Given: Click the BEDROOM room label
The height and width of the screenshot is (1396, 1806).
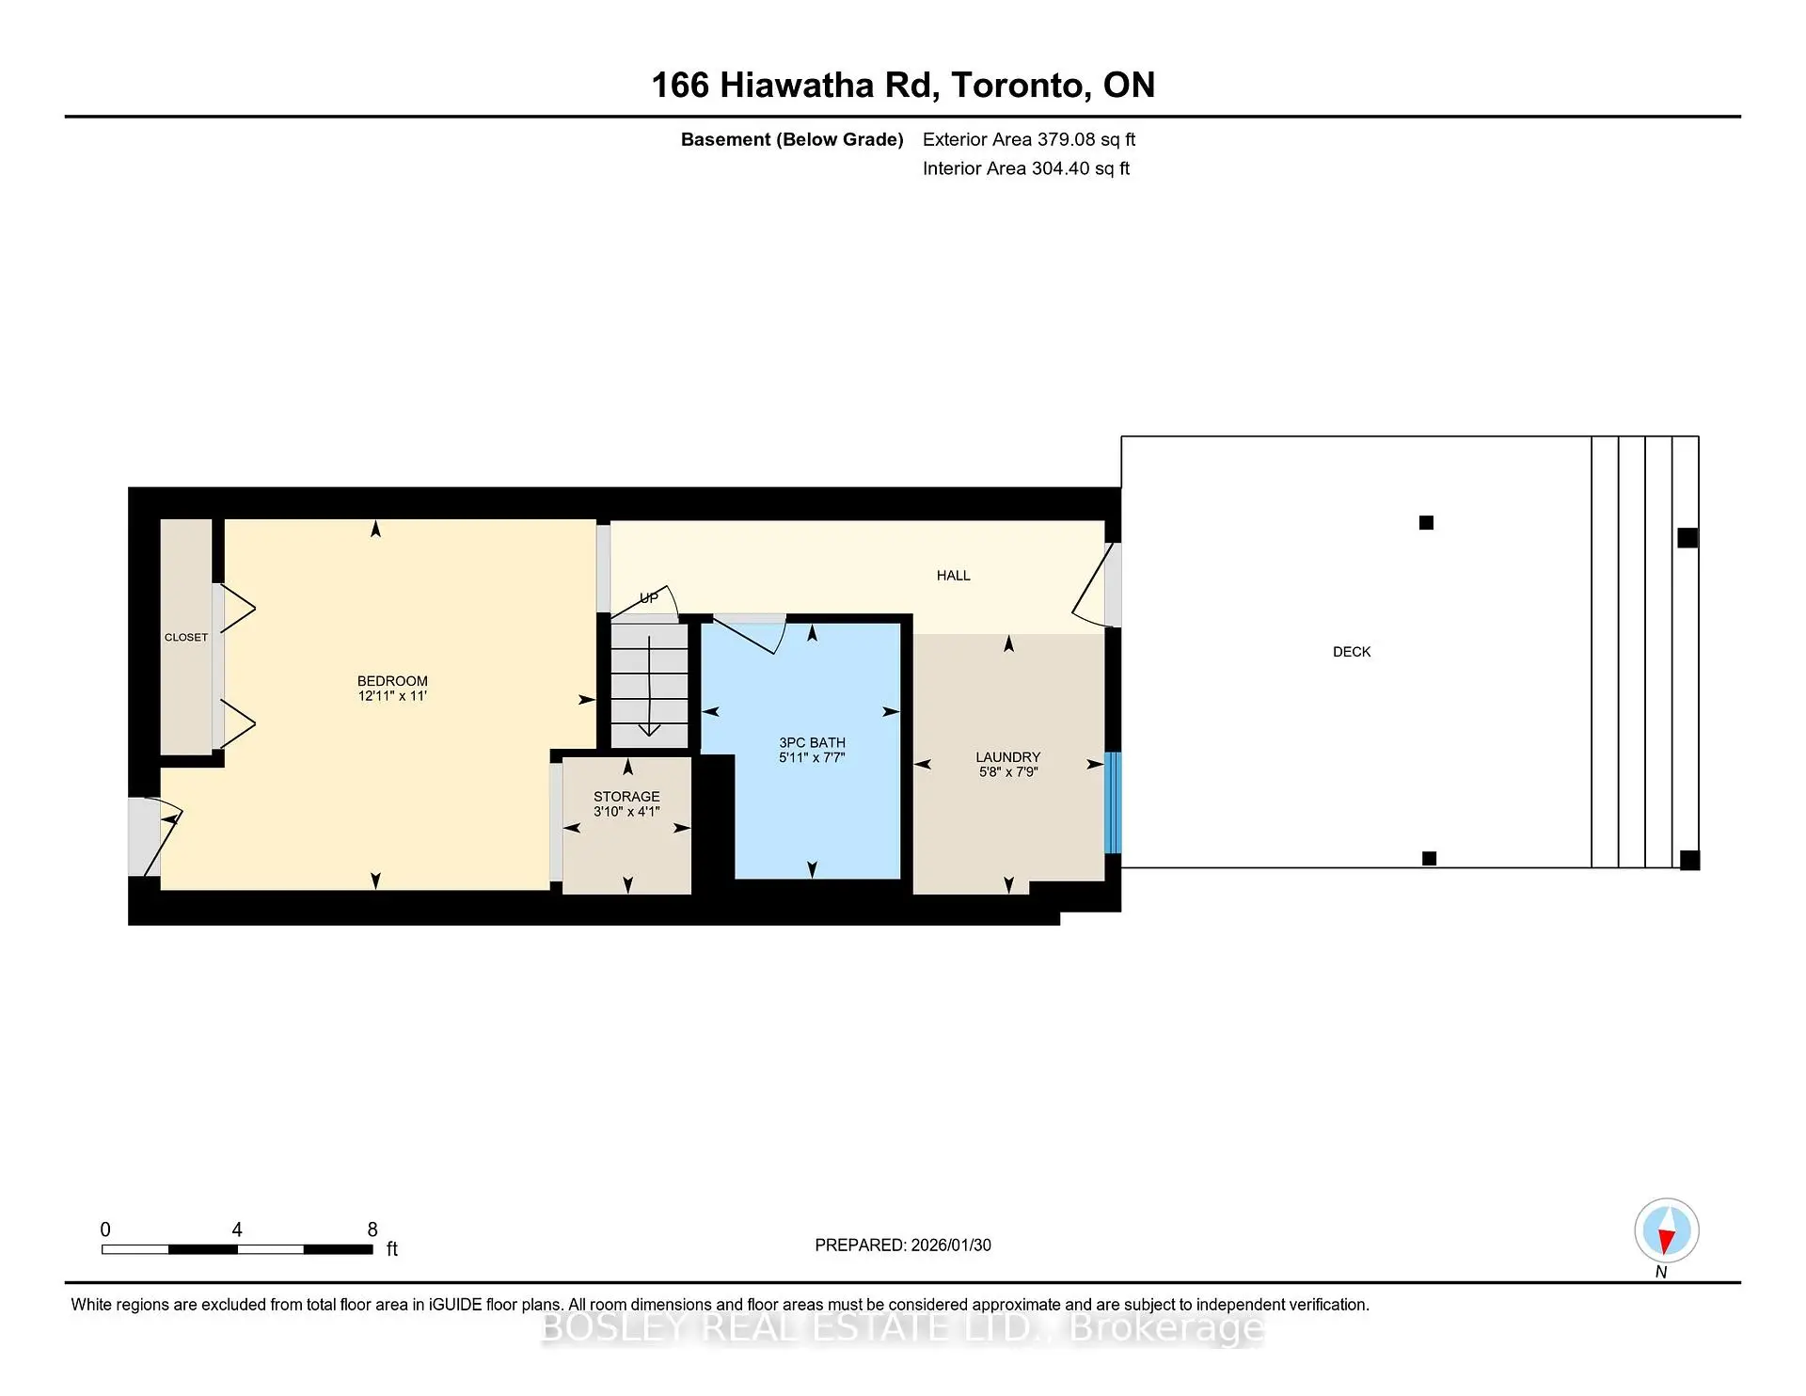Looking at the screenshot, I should (x=392, y=681).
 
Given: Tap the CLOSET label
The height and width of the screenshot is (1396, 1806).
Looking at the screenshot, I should (x=186, y=638).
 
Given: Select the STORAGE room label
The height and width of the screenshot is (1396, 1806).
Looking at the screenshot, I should (x=626, y=797).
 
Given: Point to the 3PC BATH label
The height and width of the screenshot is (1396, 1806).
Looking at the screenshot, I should (x=812, y=743).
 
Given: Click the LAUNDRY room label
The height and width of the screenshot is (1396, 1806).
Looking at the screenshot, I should (x=1007, y=757).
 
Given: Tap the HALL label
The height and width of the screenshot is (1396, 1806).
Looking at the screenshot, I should (x=953, y=576).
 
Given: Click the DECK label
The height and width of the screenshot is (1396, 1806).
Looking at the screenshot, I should (x=1352, y=652).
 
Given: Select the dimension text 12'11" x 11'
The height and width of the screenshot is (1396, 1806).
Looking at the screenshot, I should (x=392, y=697).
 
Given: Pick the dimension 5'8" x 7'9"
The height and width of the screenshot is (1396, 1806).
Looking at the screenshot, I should (x=1007, y=772).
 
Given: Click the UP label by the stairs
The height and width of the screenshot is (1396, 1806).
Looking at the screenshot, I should (x=649, y=598).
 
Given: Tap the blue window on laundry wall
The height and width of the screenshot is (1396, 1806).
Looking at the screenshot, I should (x=1113, y=802).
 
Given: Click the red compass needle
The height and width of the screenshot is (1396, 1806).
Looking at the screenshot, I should (x=1666, y=1242).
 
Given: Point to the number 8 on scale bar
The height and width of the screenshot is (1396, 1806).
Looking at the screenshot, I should (x=372, y=1229).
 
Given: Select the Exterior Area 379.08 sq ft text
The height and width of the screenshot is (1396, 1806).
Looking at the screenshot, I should (x=1029, y=140).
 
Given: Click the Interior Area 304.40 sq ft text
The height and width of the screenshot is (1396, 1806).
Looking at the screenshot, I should (x=1025, y=169).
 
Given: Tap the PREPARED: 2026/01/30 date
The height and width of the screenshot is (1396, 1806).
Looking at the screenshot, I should (x=903, y=1245).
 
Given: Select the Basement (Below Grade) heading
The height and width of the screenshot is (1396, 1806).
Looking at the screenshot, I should (x=792, y=140).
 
